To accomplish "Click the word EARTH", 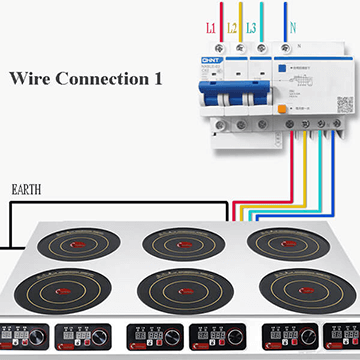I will pos(26,187).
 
